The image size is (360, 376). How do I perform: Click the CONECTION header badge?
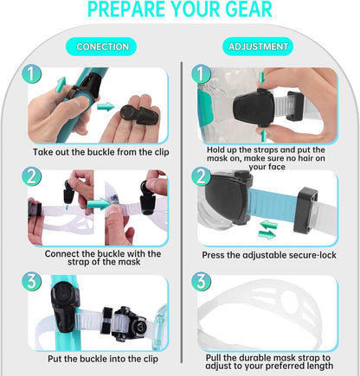pos(101,47)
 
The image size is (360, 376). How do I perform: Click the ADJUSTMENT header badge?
pos(258,47)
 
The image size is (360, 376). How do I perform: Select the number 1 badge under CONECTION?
pos(31,74)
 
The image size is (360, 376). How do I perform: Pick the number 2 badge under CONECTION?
pos(31,176)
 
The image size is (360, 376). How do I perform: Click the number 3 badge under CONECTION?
pos(31,281)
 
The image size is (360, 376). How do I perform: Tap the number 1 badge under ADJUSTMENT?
pos(201,73)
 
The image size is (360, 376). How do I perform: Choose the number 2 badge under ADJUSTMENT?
pos(201,176)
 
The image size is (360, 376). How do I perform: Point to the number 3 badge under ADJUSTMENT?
pos(201,281)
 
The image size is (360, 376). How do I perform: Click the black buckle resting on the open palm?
pos(139,114)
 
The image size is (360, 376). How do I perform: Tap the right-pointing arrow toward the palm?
pos(106,106)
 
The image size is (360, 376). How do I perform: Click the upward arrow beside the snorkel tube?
pos(61,84)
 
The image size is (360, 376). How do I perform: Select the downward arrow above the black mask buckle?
pos(261,78)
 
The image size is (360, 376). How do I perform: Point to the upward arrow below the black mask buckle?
pos(263,136)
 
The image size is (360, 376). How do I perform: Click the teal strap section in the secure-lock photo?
pos(273,205)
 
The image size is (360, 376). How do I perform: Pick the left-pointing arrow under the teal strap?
pos(268,224)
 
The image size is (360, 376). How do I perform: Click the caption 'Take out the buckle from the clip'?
pos(101,152)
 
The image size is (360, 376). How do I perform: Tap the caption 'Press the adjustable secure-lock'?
pos(269,255)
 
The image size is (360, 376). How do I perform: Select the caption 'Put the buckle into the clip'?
pos(103,359)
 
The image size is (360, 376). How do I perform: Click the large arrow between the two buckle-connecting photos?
pos(99,204)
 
